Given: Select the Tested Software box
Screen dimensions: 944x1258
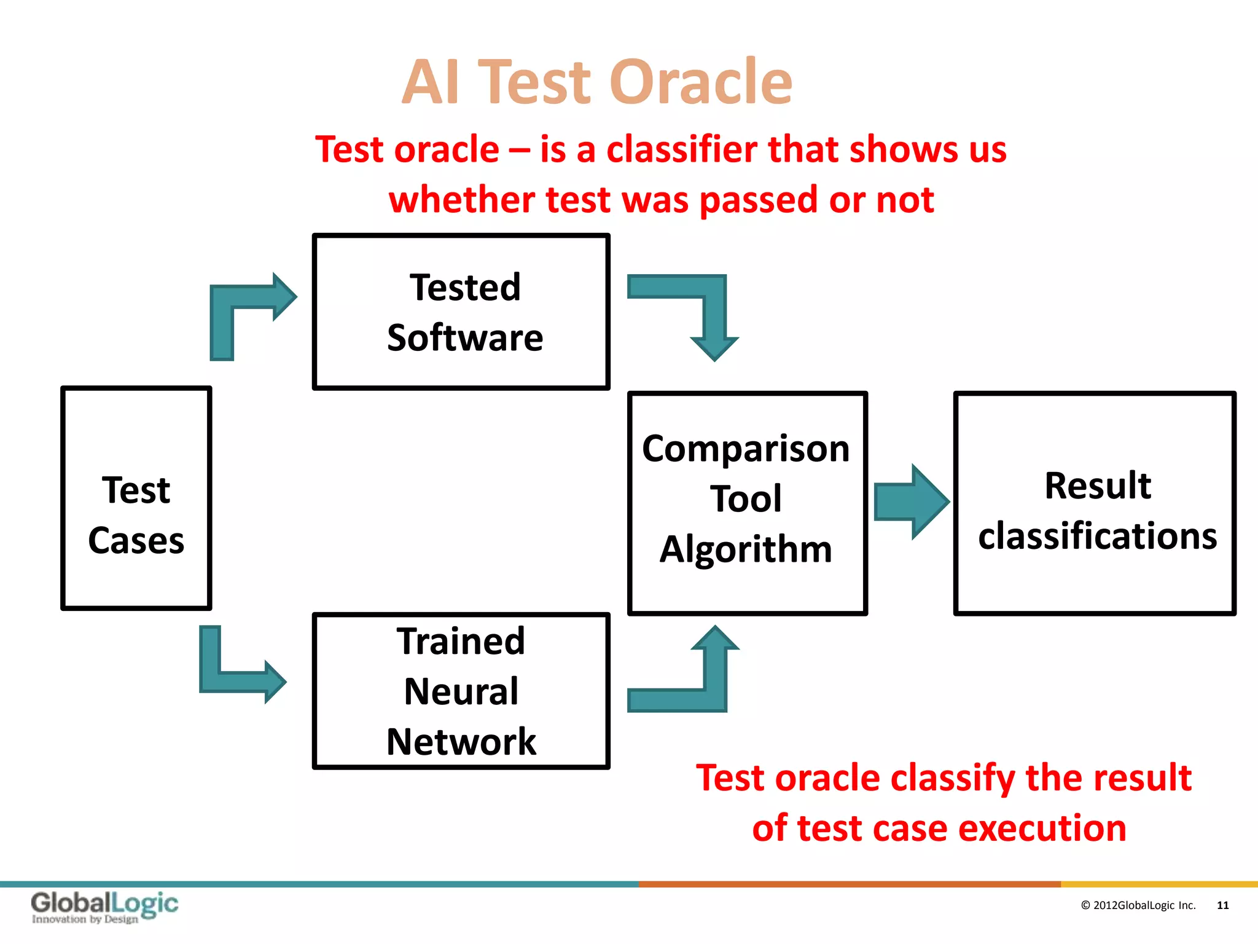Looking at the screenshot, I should [461, 312].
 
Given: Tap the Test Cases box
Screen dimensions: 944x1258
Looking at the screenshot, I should [136, 498].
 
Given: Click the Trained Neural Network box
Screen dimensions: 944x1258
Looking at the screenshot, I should [461, 690].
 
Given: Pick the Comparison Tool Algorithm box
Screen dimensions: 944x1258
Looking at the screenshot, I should [747, 503].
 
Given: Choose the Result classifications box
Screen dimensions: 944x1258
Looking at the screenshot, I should [1095, 503].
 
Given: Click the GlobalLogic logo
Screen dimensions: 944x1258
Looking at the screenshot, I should [104, 907].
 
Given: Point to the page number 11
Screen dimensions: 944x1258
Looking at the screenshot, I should [1222, 905].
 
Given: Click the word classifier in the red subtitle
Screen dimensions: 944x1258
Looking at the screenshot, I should [682, 149].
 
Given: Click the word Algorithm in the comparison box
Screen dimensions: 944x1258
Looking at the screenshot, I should [746, 549].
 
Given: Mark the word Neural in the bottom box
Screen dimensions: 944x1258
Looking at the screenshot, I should [461, 691].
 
